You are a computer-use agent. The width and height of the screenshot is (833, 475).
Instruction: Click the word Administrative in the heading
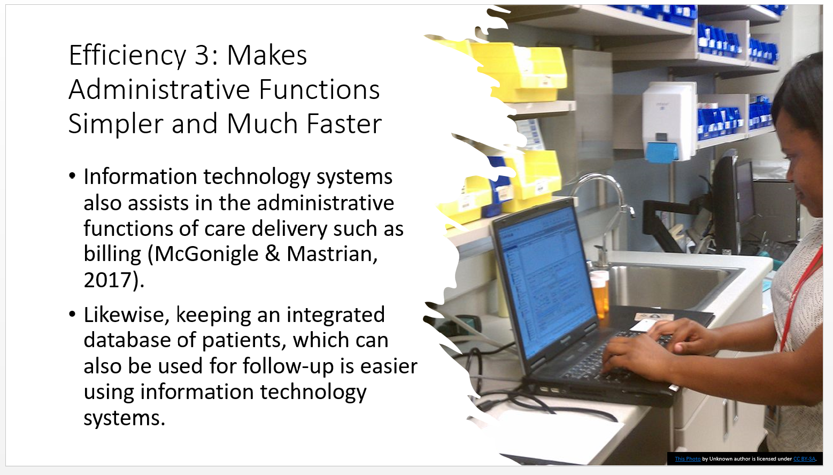coord(159,90)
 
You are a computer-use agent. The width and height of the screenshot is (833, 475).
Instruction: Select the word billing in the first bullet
coord(112,255)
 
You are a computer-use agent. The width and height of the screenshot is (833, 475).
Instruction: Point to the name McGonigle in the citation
coord(206,255)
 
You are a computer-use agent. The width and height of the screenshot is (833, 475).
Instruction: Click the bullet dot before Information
coord(72,176)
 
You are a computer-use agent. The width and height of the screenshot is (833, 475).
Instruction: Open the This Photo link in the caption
coord(688,459)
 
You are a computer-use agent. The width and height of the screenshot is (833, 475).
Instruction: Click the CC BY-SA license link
coord(804,459)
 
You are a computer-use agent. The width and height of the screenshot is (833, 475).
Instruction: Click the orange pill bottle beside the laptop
coord(599,293)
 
